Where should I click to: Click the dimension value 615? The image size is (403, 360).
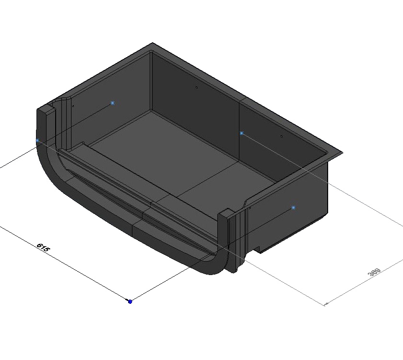tap(43, 248)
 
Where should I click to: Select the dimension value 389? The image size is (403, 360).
tap(374, 272)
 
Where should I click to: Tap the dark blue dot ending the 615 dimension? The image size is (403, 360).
tap(130, 301)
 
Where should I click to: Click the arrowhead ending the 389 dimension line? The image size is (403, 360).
tap(326, 303)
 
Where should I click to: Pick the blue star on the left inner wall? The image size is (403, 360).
tap(112, 103)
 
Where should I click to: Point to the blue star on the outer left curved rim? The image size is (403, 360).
tap(37, 141)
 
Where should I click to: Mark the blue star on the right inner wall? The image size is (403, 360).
tap(241, 133)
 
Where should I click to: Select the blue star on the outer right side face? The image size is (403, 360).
tap(293, 208)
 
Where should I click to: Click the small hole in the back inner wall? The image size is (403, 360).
tap(197, 87)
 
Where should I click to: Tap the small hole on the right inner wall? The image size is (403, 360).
tap(282, 136)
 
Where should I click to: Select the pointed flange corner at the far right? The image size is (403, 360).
tap(342, 153)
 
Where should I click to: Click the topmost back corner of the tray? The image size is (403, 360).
tap(153, 43)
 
